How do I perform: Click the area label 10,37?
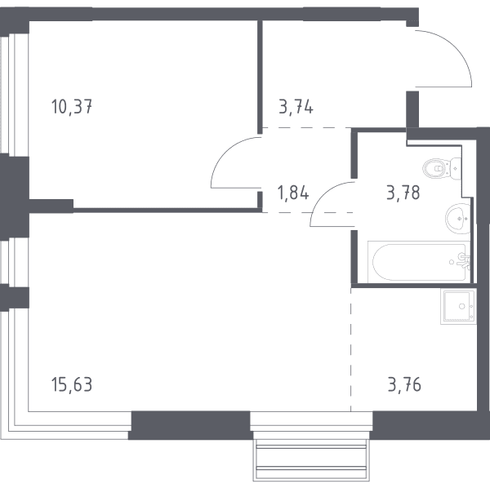pos(72,106)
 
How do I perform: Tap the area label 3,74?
pos(296,107)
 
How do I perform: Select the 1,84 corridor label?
pos(293,193)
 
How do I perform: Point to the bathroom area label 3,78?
pos(403,193)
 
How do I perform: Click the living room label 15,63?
pos(72,384)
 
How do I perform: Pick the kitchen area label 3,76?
pos(404,384)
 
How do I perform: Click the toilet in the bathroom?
pos(442,169)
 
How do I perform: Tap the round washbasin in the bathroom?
pos(458,219)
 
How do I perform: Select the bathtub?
pos(419,262)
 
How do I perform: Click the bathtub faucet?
pos(463,261)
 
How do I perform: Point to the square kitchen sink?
pos(458,306)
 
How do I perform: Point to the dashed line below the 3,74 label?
pos(306,127)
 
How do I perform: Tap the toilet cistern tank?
pos(456,169)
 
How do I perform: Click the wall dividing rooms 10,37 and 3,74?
pos(260,77)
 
